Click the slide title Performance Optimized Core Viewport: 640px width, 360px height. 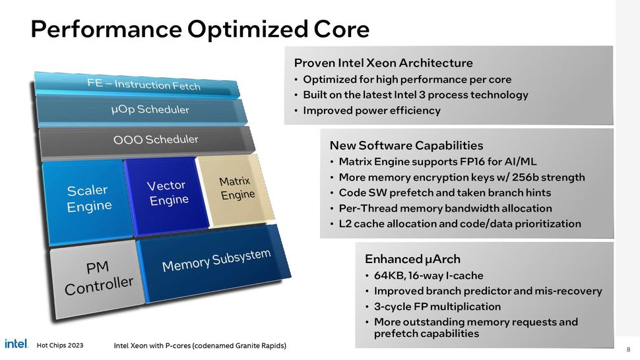200,29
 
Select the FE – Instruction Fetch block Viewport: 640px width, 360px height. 144,84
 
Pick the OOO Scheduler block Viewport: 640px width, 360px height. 156,140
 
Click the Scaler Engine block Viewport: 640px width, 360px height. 88,198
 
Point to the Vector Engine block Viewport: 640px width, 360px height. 168,193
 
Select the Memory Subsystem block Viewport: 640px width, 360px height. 216,260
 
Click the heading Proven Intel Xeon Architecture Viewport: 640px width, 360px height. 383,63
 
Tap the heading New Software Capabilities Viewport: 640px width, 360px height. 406,145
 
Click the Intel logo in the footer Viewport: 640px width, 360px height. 16,344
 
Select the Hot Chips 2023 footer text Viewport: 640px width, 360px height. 60,345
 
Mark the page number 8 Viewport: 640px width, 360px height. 627,349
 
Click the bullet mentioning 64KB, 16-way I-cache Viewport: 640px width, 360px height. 428,276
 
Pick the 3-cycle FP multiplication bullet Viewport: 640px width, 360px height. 437,307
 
